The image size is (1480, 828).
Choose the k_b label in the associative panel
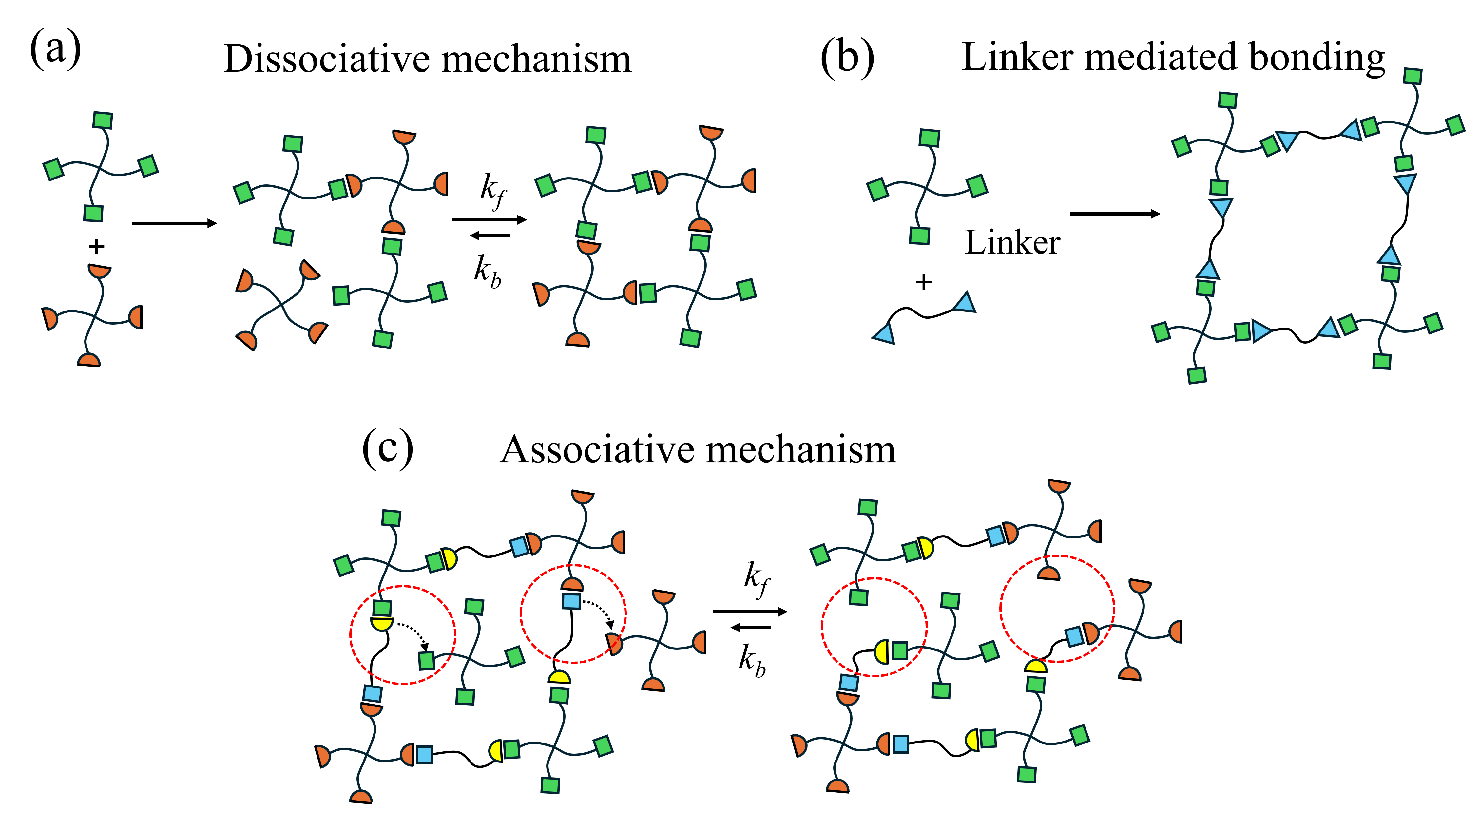tap(752, 660)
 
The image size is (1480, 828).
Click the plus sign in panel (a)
tap(97, 247)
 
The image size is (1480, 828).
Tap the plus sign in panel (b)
tap(923, 282)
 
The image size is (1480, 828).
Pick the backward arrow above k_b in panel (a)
tap(490, 235)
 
